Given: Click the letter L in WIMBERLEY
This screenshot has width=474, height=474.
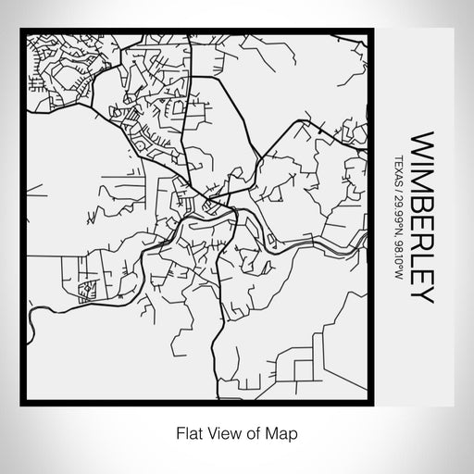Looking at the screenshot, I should pyautogui.click(x=422, y=259).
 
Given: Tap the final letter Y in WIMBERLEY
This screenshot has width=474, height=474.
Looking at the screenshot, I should pyautogui.click(x=422, y=295).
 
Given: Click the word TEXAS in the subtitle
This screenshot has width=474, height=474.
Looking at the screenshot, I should pyautogui.click(x=399, y=170).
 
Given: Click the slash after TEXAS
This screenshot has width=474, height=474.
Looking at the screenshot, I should pyautogui.click(x=399, y=193).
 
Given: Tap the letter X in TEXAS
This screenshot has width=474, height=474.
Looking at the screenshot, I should pyautogui.click(x=399, y=169).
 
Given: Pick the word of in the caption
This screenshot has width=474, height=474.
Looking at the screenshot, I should pyautogui.click(x=255, y=432).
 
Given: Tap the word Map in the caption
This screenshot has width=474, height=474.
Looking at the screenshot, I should pyautogui.click(x=283, y=432).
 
